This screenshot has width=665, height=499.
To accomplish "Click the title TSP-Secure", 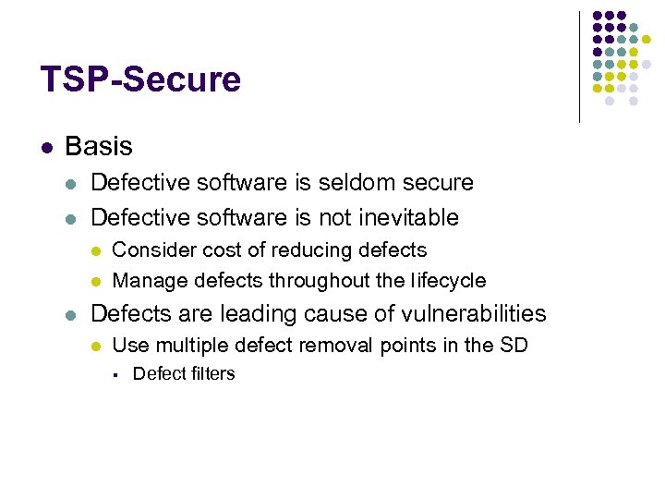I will (140, 79).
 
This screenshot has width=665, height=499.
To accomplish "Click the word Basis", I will (99, 146).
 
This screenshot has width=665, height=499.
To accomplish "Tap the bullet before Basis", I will (45, 147).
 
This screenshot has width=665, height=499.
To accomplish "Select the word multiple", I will (185, 347).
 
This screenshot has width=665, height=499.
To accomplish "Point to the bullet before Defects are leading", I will (73, 315).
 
